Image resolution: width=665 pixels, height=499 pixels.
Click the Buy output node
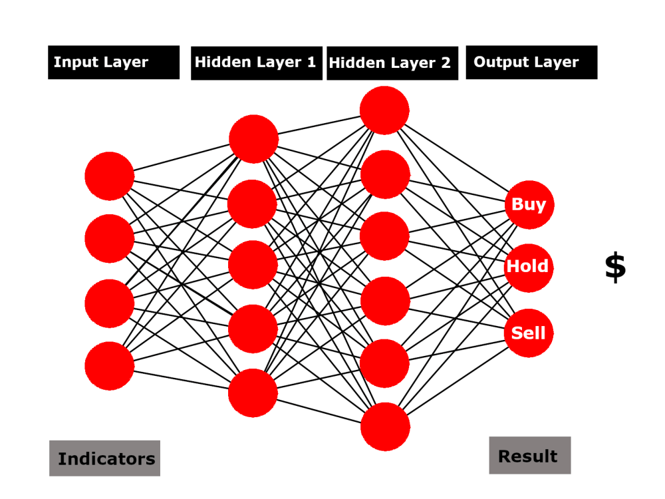(x=529, y=204)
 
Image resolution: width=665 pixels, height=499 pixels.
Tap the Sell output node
(x=529, y=333)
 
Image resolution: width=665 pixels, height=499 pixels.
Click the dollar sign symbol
(x=615, y=267)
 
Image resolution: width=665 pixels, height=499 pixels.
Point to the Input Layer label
(x=114, y=63)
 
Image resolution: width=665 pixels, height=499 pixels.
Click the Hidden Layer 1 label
(x=256, y=63)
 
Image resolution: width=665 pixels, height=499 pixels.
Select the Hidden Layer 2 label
(x=392, y=63)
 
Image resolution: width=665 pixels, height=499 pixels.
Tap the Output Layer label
(x=531, y=63)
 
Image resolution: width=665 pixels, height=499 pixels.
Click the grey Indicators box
(x=104, y=458)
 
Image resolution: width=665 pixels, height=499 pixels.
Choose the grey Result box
(x=529, y=456)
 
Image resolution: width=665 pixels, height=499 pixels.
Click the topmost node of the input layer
(x=110, y=176)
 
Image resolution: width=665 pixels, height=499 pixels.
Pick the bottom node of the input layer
(x=110, y=366)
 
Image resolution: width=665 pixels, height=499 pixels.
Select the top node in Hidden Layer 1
(x=253, y=139)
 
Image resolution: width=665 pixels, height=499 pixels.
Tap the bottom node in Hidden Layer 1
(x=253, y=393)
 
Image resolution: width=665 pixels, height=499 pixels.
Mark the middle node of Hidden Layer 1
(x=253, y=265)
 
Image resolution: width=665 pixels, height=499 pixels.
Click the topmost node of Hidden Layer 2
(x=384, y=110)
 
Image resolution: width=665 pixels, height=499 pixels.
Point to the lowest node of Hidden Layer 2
(x=386, y=426)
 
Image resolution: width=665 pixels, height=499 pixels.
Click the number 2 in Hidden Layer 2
(x=445, y=63)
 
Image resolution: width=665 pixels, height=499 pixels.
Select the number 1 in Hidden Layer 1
(x=311, y=63)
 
